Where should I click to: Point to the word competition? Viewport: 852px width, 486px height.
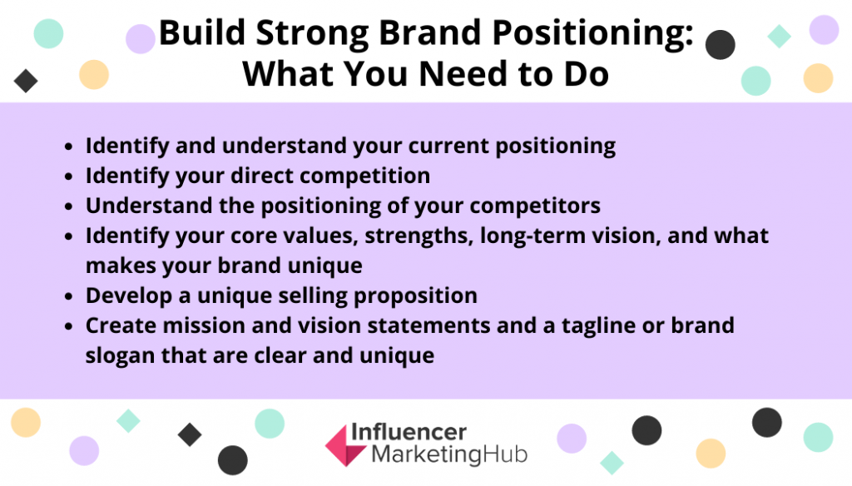pos(364,176)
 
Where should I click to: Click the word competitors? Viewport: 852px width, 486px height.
pos(535,206)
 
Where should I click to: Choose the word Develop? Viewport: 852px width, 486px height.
pos(129,296)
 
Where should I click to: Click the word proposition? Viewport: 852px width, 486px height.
pos(415,296)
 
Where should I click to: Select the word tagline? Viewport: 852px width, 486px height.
pos(601,326)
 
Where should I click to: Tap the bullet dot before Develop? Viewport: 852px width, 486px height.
pos(68,297)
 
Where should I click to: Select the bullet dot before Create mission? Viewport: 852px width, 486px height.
pos(68,327)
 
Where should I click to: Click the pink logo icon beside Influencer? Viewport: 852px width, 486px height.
pos(345,445)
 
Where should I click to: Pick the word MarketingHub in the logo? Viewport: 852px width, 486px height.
pos(449,454)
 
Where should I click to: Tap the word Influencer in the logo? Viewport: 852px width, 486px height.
pos(409,432)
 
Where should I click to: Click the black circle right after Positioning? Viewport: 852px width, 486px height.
pos(721,45)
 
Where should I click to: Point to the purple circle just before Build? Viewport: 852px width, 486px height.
pos(141,39)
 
